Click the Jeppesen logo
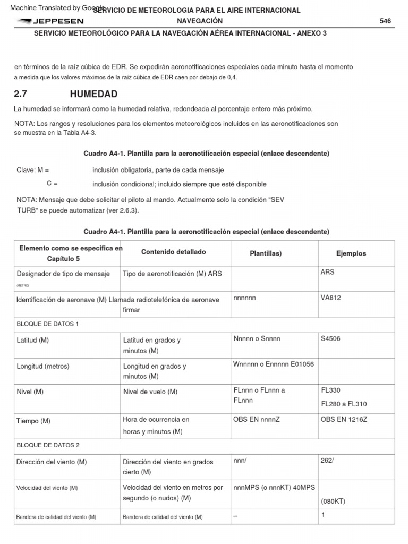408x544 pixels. (x=49, y=21)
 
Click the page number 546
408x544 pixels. (x=385, y=21)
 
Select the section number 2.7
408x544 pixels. (x=20, y=95)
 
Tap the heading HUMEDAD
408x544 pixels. (x=93, y=95)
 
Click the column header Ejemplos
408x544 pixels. (x=351, y=253)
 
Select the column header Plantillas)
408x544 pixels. (x=266, y=253)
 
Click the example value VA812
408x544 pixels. (x=330, y=298)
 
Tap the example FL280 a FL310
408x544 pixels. (x=344, y=404)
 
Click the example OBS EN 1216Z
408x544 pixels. (x=344, y=419)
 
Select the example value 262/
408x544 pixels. (x=327, y=460)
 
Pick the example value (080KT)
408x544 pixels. (x=334, y=501)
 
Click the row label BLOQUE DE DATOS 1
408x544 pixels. (x=47, y=324)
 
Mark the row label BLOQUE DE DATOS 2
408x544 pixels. (x=48, y=445)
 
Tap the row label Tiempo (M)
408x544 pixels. (x=33, y=421)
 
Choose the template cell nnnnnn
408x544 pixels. (x=244, y=298)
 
